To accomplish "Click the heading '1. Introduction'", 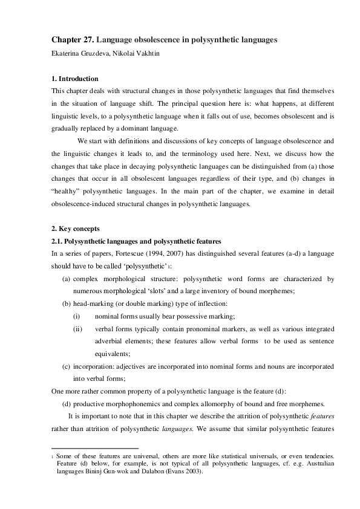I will (x=74, y=79).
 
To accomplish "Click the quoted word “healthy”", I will (x=65, y=191).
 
